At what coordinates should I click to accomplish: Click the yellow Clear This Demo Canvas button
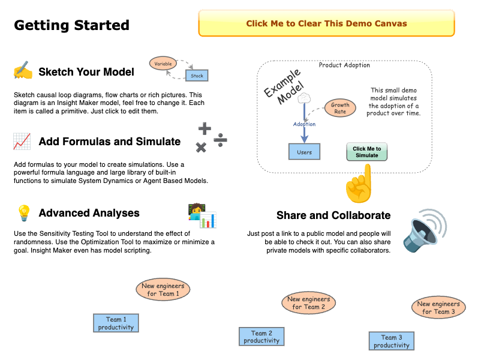click(x=326, y=24)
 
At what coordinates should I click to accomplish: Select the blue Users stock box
click(x=304, y=152)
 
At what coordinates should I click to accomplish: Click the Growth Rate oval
click(x=340, y=108)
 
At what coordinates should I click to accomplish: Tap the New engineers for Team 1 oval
click(x=163, y=290)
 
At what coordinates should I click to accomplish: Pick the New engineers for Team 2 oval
click(x=308, y=303)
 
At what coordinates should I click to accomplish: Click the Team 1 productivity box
click(x=116, y=323)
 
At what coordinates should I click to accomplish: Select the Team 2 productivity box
click(x=261, y=337)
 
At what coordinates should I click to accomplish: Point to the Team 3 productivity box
click(x=391, y=341)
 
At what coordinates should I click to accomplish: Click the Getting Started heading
click(x=71, y=25)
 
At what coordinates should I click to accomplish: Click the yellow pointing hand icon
click(x=358, y=185)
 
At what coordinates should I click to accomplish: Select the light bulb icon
click(x=23, y=212)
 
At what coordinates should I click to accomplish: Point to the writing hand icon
click(x=23, y=71)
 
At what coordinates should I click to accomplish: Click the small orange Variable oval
click(x=163, y=64)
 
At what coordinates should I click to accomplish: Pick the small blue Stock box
click(x=197, y=76)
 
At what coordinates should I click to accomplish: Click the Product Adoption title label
click(x=344, y=65)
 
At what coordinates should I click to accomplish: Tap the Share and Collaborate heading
click(x=333, y=215)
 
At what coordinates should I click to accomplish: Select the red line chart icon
click(x=22, y=142)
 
